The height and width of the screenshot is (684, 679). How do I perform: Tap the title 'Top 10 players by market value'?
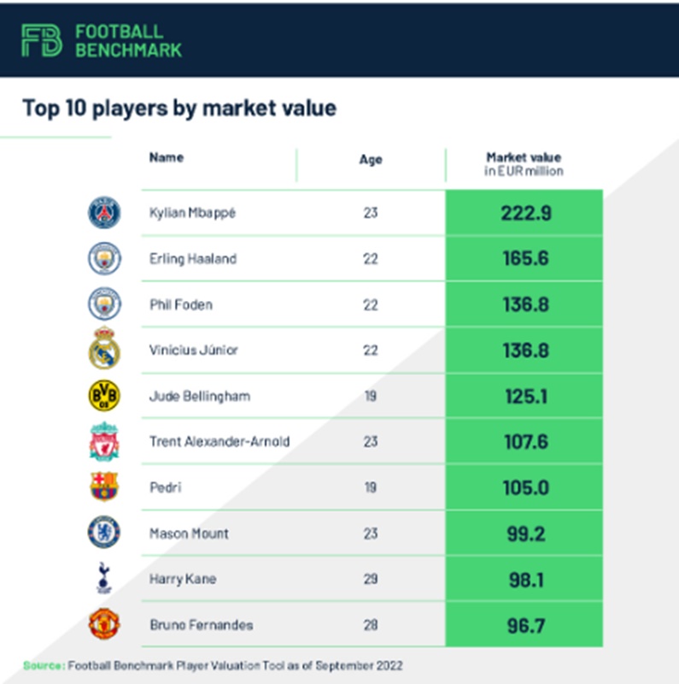pos(179,109)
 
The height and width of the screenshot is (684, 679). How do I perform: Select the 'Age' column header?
pos(371,159)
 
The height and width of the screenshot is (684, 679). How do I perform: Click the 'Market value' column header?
pos(524,163)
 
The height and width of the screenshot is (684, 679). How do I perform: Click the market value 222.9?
pos(525,213)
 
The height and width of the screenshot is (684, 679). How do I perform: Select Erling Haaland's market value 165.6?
pos(525,258)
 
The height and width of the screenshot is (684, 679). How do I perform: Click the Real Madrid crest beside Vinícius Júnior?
pos(104,349)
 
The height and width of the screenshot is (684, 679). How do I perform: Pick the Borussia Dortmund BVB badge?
pos(104,396)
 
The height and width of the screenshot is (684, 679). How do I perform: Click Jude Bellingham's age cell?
pos(371,397)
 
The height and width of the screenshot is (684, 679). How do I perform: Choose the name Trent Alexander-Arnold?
pos(219,442)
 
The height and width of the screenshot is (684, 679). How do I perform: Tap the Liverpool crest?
pos(104,441)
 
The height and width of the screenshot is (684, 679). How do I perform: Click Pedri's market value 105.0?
pos(525,487)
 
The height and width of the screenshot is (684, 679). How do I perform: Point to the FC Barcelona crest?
pos(104,486)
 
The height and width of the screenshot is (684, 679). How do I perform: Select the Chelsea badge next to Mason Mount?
pos(104,533)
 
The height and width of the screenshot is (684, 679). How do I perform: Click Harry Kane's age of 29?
pos(371,580)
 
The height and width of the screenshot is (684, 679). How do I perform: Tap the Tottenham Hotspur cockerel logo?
pos(104,578)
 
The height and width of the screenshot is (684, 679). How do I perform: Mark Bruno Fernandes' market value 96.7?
pos(525,625)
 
